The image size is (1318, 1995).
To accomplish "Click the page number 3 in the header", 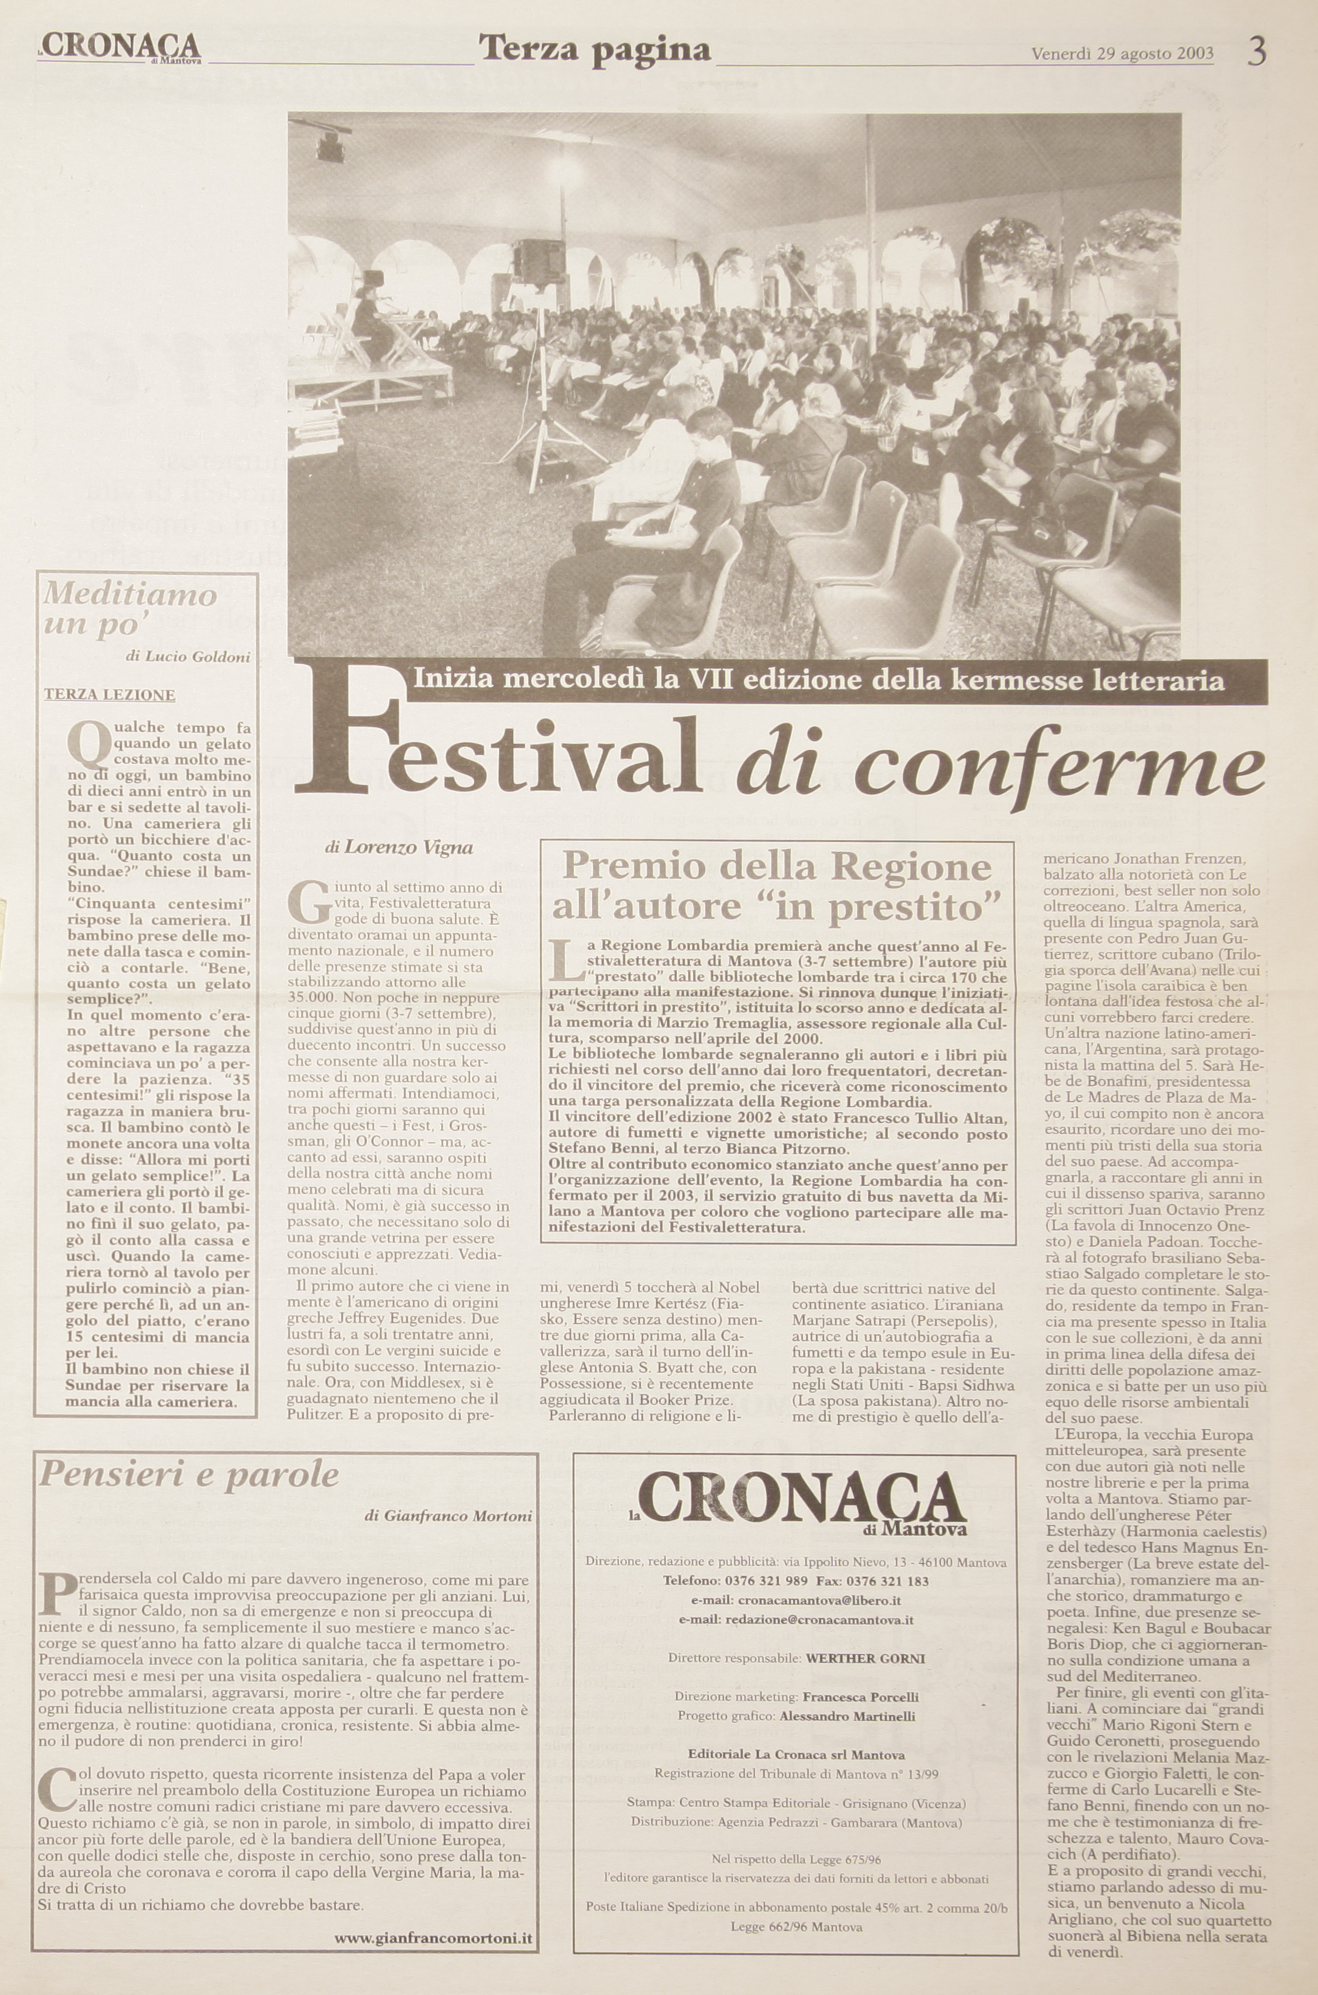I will coord(1257,52).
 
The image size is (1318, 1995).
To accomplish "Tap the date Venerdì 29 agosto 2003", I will coord(1122,54).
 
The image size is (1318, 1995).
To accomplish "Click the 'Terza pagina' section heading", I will coord(594,50).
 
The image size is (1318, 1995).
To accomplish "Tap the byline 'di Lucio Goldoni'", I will coord(188,657).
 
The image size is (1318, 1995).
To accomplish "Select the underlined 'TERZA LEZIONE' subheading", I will coord(109,694).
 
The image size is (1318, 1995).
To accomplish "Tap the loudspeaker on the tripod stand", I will coord(538,262).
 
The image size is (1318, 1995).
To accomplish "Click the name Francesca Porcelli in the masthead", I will coord(860,1720).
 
